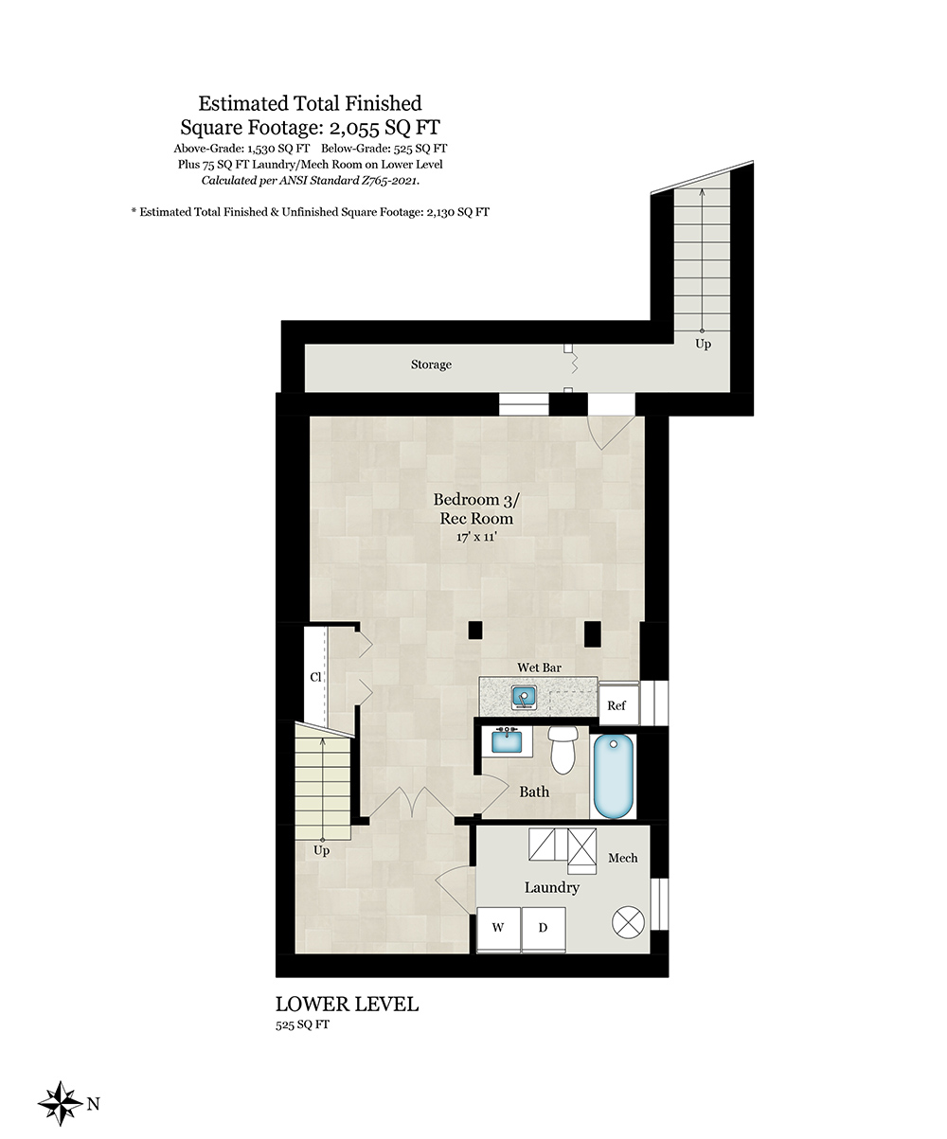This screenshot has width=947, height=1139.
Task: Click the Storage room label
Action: click(x=431, y=365)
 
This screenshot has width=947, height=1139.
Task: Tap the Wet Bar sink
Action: click(x=524, y=698)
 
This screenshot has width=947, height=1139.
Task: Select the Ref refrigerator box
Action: click(x=618, y=703)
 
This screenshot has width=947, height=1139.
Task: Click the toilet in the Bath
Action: click(x=563, y=750)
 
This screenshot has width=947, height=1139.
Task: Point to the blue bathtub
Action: click(x=614, y=776)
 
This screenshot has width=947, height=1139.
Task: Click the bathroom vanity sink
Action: click(x=507, y=740)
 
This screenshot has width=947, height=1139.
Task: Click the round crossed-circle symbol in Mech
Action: click(x=628, y=922)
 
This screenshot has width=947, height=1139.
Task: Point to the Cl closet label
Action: click(x=315, y=677)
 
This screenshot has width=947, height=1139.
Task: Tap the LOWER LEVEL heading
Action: click(x=347, y=1005)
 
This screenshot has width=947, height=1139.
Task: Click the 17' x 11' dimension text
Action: click(x=476, y=537)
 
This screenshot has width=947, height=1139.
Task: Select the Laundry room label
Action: click(x=551, y=887)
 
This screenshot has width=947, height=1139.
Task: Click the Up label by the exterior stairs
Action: click(x=703, y=345)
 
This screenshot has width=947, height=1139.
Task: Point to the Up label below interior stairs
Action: click(x=321, y=850)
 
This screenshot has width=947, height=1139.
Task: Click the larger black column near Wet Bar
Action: click(x=593, y=633)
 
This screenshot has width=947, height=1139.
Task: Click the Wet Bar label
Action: click(x=539, y=667)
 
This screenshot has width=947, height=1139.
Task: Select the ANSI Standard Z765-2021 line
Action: click(x=311, y=181)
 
